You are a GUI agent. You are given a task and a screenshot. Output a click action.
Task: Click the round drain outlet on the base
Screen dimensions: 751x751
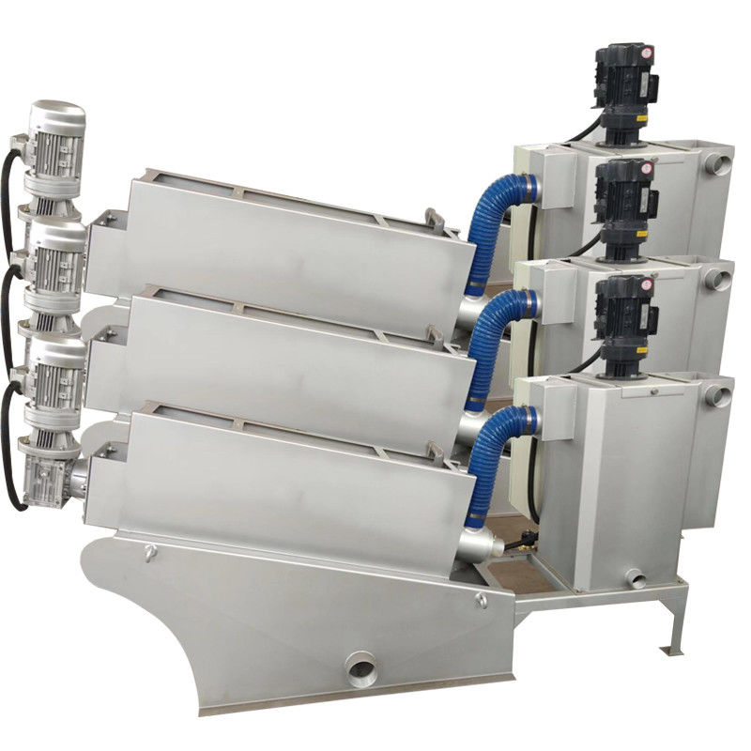[x=360, y=669]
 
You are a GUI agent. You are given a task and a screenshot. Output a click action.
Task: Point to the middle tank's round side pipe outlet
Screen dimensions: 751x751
[x=718, y=279]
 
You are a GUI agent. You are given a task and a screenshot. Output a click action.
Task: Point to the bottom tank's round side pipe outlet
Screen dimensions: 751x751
[x=718, y=395]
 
